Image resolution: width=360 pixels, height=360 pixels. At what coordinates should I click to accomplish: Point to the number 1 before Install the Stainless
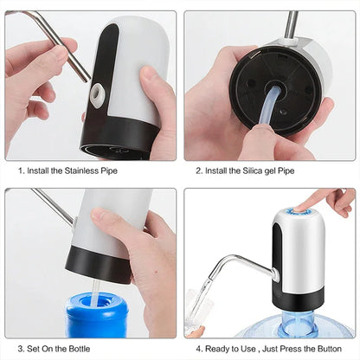(20, 170)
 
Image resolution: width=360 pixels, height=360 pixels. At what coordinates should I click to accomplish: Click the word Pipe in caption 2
(285, 170)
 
